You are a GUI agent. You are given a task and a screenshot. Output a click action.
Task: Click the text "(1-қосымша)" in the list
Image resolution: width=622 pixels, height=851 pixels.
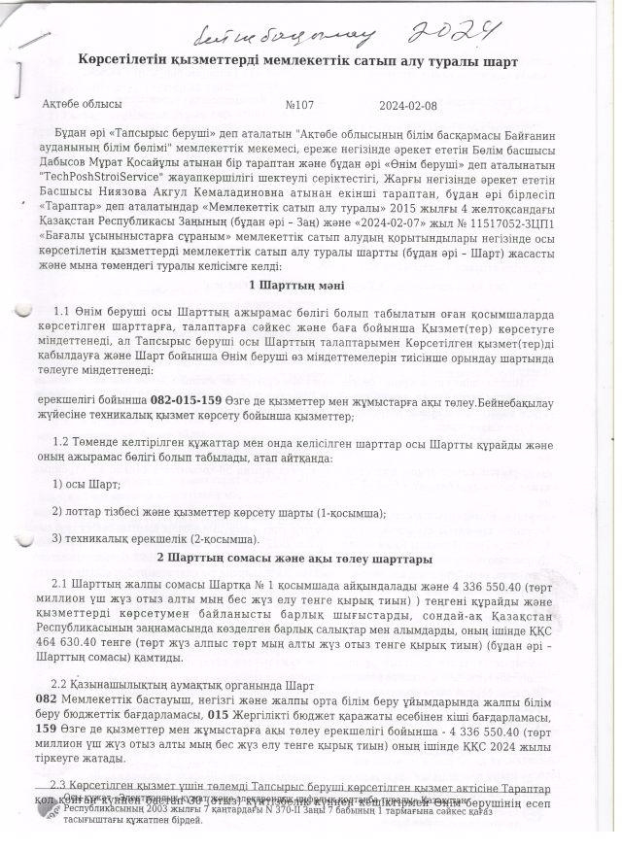353,512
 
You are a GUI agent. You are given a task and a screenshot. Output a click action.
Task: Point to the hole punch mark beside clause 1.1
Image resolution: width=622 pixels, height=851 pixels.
20,312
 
